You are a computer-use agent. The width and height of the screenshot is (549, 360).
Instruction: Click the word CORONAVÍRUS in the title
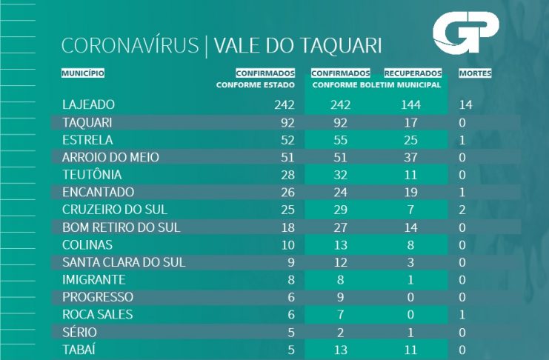[130, 46]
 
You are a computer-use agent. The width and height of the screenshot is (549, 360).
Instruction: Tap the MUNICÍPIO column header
[83, 73]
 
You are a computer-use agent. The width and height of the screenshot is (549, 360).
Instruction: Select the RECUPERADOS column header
[413, 73]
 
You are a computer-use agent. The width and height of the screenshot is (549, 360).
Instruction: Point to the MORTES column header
[475, 73]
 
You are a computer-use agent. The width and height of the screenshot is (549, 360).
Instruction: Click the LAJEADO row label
[89, 104]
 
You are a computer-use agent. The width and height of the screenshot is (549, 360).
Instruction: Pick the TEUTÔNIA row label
[92, 175]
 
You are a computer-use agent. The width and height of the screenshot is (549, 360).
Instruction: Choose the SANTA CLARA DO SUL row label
[124, 262]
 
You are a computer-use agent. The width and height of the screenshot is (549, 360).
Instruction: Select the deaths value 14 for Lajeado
[465, 104]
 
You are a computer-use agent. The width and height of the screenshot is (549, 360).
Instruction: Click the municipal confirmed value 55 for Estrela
[340, 139]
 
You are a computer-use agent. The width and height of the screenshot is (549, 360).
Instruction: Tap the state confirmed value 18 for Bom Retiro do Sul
[287, 227]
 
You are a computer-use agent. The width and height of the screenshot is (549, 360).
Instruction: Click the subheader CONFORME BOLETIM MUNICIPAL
[377, 85]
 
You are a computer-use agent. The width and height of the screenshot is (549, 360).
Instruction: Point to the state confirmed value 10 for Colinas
[287, 244]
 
